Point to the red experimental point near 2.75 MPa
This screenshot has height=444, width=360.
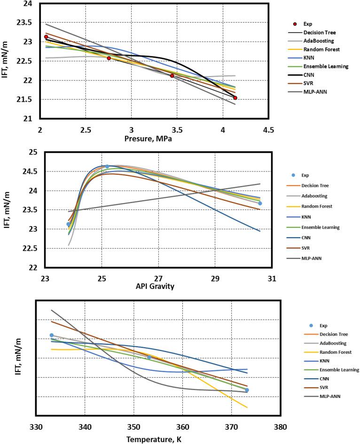point(109,58)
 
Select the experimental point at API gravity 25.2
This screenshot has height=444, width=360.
point(107,166)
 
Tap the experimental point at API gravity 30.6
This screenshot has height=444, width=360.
point(260,203)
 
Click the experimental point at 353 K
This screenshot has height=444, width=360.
point(149,358)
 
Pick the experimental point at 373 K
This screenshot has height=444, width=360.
point(247,390)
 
